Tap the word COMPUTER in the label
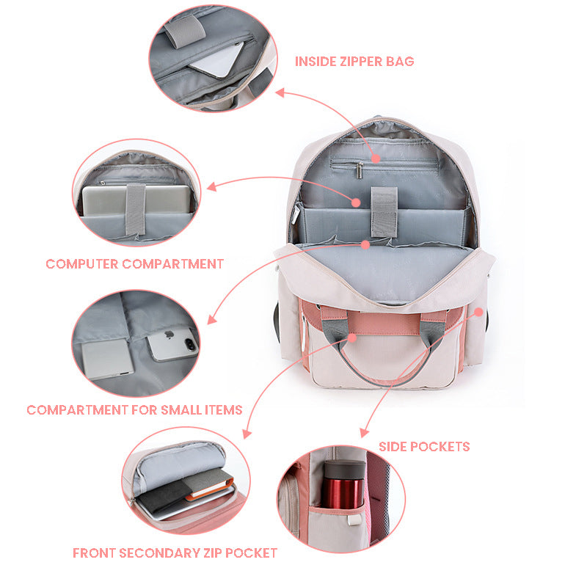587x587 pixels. click(x=82, y=264)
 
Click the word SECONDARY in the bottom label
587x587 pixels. click(x=160, y=553)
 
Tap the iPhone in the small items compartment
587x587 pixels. click(x=172, y=344)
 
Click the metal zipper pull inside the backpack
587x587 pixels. click(x=360, y=170)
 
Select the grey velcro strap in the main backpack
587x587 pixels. click(x=384, y=212)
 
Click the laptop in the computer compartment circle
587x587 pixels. click(x=136, y=200)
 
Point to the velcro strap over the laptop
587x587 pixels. click(x=136, y=209)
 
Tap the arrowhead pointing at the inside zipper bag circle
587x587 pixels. click(x=280, y=92)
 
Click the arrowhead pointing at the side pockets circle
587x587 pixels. click(x=364, y=432)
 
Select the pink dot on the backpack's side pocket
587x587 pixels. click(x=479, y=312)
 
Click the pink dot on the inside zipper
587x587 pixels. click(x=376, y=158)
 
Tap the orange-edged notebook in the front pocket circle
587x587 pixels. click(x=210, y=485)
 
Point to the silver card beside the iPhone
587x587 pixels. click(x=107, y=360)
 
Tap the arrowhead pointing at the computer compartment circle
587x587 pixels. click(x=211, y=187)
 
